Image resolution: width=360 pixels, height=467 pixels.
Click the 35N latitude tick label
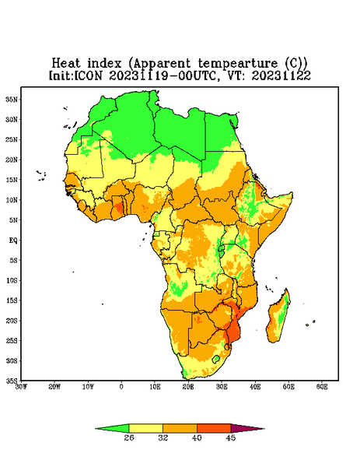[x=12, y=99]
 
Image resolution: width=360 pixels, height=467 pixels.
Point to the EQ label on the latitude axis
[x=12, y=240]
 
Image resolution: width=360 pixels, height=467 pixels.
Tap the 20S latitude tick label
[x=12, y=321]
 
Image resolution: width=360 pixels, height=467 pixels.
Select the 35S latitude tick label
[x=12, y=381]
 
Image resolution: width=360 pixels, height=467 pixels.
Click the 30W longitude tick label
[x=22, y=387]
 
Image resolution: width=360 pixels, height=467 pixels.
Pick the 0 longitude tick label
[x=121, y=387]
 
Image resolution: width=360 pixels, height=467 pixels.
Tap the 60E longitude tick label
[x=322, y=387]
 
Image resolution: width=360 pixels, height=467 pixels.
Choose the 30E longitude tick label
[x=222, y=387]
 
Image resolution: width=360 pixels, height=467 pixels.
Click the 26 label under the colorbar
[x=129, y=437]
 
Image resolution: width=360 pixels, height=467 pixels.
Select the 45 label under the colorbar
[x=231, y=437]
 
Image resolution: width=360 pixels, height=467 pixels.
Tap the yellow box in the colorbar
[x=145, y=428]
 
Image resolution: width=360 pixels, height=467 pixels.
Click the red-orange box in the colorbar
[x=214, y=428]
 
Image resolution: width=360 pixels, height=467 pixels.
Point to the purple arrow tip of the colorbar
[x=264, y=429]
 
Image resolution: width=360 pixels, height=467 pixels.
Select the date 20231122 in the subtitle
[x=281, y=75]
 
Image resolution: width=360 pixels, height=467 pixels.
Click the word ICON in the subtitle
[x=89, y=75]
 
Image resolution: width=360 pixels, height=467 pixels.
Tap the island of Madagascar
[x=278, y=318]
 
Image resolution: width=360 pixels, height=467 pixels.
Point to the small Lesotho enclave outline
[x=215, y=359]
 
